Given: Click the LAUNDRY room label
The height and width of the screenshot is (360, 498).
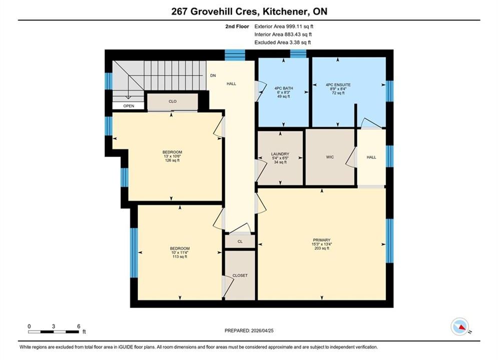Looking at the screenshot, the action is (280, 154).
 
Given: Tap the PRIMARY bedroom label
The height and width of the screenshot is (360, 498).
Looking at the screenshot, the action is (322, 240).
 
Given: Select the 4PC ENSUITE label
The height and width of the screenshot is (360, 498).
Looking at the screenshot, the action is (338, 84).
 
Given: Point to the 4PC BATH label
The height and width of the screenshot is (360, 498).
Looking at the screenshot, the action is (284, 88).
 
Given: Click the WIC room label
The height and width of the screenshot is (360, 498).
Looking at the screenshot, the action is (330, 157).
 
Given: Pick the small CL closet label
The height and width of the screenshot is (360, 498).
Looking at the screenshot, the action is (240, 241).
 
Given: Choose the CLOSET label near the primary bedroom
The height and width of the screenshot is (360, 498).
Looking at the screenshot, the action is (240, 275).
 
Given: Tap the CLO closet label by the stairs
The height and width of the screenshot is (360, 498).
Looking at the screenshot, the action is (173, 101).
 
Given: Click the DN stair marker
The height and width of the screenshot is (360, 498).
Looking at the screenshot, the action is (213, 75).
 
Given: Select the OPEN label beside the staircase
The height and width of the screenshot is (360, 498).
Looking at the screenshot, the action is (129, 106).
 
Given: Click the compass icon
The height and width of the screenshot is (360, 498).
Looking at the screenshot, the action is (460, 326).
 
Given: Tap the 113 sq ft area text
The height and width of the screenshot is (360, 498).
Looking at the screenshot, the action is (180, 256).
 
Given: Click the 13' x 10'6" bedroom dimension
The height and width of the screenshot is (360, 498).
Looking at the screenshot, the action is (172, 156).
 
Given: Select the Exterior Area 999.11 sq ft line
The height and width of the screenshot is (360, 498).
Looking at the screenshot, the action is (284, 26).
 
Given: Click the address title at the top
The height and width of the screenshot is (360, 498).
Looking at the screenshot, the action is (249, 11).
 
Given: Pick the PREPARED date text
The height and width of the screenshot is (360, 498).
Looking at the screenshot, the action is (249, 330).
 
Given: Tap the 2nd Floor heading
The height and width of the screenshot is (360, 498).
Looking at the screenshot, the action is (237, 26).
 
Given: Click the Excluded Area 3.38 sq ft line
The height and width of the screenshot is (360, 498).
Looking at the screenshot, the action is (283, 42).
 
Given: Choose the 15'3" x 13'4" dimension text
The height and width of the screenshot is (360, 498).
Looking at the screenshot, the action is (322, 244).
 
